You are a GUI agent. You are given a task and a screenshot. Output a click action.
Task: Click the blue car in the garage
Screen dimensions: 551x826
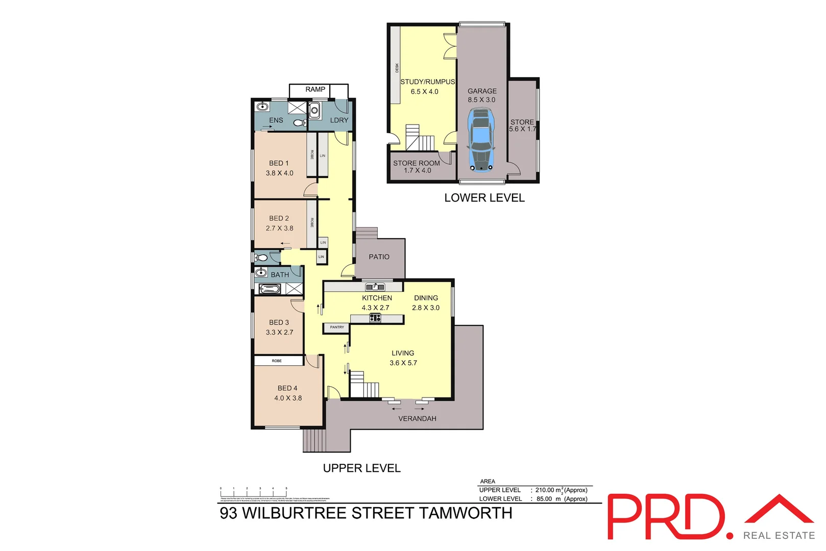pyautogui.click(x=481, y=141)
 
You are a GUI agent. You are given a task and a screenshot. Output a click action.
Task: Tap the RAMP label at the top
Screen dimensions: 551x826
pyautogui.click(x=315, y=89)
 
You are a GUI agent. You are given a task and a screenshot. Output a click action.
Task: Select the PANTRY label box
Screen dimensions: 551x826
pyautogui.click(x=336, y=327)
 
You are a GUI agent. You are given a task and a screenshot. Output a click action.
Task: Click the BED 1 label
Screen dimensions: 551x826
pyautogui.click(x=279, y=163)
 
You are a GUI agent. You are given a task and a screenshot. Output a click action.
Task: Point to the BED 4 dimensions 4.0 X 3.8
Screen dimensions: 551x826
pyautogui.click(x=288, y=398)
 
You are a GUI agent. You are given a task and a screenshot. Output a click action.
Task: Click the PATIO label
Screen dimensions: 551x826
pyautogui.click(x=379, y=257)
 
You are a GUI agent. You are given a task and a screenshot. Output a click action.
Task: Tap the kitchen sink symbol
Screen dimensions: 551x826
pyautogui.click(x=375, y=287)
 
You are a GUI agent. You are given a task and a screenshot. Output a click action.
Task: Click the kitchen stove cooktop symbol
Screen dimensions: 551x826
pyautogui.click(x=375, y=318)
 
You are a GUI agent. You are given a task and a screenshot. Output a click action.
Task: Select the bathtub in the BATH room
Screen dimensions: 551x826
pyautogui.click(x=270, y=289)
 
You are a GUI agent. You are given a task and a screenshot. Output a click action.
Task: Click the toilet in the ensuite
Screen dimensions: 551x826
pyautogui.click(x=300, y=122)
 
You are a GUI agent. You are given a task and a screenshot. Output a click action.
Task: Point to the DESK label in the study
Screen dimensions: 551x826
pyautogui.click(x=397, y=68)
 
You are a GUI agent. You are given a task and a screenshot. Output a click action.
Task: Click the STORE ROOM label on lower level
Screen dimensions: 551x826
pyautogui.click(x=416, y=163)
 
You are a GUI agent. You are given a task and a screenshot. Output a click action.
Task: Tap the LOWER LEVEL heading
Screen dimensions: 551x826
pyautogui.click(x=484, y=198)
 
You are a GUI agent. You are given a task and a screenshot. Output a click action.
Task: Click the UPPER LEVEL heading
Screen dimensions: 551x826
pyautogui.click(x=361, y=468)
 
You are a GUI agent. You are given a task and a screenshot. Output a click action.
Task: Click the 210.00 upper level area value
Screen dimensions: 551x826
pyautogui.click(x=544, y=490)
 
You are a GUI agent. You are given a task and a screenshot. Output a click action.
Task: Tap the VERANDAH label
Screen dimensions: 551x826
pyautogui.click(x=417, y=418)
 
